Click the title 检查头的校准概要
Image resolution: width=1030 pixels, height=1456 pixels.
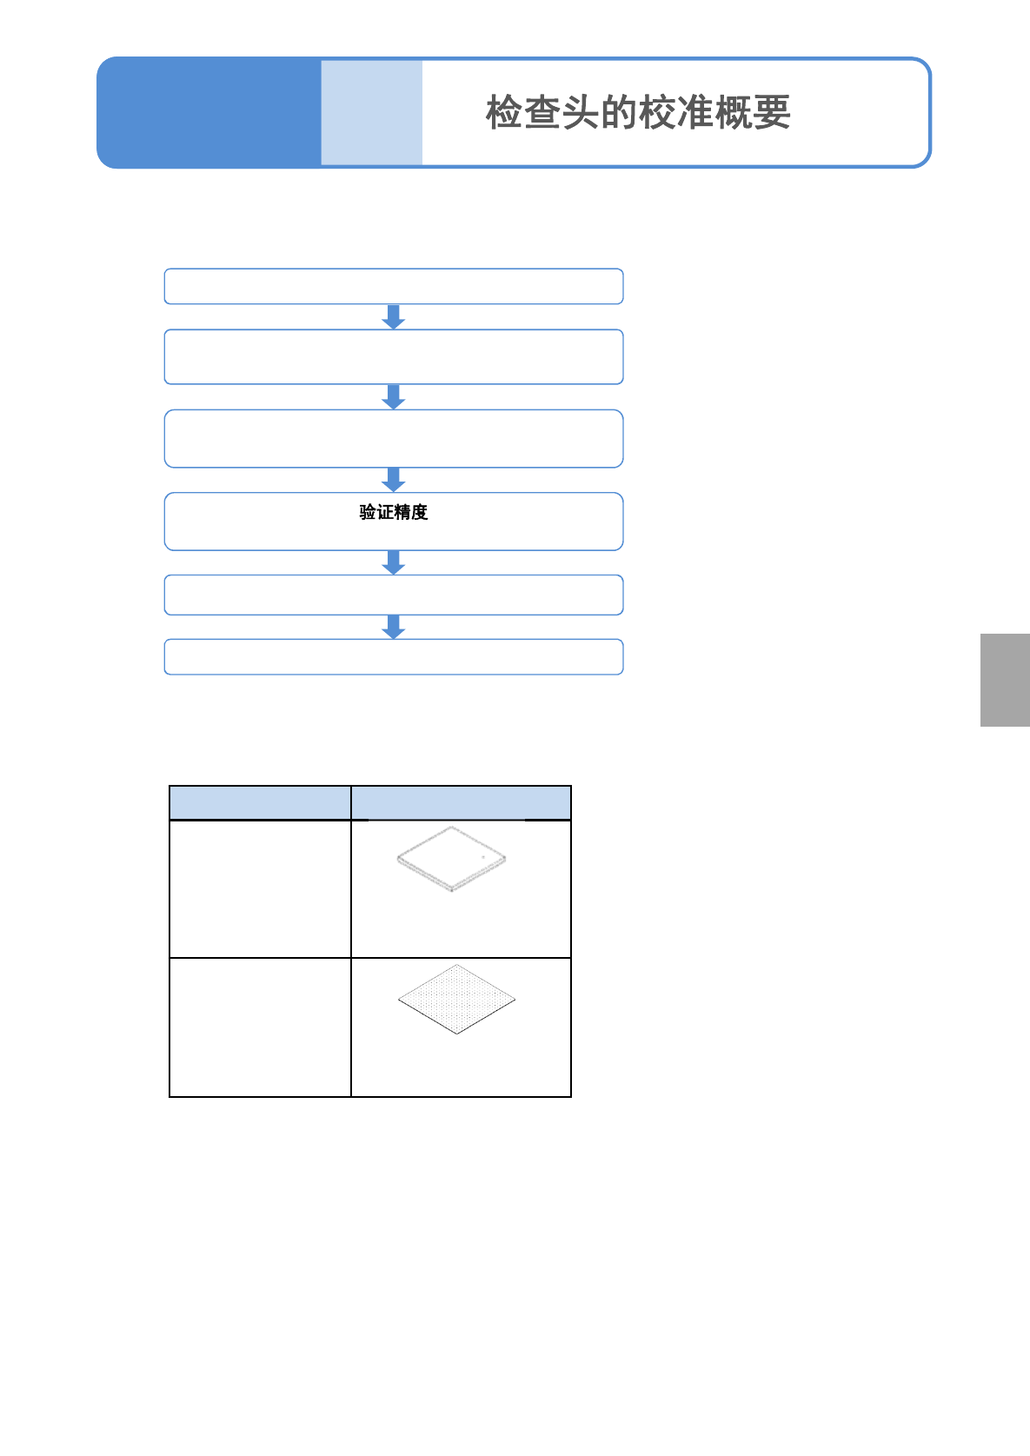638,113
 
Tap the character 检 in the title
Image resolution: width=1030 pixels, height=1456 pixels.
504,113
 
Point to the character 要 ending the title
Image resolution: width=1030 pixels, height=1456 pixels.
772,113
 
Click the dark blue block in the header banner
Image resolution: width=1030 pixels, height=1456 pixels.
209,113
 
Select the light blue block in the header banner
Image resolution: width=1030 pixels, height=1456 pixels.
371,113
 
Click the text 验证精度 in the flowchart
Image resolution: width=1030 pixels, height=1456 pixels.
394,513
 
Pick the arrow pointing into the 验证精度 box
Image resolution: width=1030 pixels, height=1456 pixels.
394,480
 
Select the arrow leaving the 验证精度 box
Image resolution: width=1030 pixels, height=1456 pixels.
394,562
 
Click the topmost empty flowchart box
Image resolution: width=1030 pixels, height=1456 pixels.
394,287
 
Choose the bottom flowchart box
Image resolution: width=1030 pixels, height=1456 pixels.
394,657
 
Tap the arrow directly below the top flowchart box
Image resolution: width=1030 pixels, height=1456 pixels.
394,316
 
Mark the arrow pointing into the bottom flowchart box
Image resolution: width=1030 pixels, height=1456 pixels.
394,627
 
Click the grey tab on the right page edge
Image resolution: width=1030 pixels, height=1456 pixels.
1005,680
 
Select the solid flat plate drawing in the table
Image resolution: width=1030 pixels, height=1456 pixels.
451,858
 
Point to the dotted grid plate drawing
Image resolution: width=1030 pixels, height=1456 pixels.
457,999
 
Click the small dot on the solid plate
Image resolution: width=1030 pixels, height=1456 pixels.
483,857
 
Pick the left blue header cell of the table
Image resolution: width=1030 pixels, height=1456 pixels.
260,802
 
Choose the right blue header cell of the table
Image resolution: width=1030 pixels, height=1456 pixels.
461,802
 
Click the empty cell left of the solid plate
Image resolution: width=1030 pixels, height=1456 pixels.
260,888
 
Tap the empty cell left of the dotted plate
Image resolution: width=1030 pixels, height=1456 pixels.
260,1027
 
